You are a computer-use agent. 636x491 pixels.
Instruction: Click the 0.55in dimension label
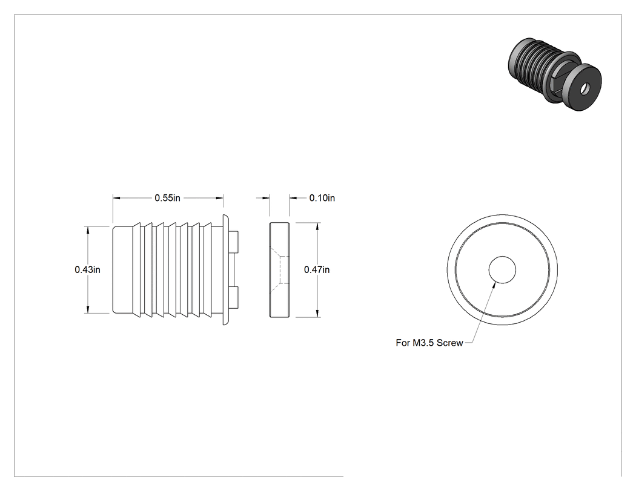pos(167,198)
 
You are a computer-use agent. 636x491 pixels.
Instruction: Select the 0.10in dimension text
pos(322,198)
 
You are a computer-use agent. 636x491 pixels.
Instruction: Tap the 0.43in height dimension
pos(87,269)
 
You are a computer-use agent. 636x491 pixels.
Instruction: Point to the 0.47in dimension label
pos(317,269)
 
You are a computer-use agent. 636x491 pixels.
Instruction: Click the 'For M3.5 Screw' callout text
pos(429,343)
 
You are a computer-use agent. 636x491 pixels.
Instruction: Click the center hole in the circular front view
pos(502,269)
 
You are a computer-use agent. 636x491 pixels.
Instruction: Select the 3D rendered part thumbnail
pos(554,74)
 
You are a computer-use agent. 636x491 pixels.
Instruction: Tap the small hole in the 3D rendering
pos(584,88)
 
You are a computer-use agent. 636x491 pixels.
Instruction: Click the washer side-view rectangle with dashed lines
pos(279,269)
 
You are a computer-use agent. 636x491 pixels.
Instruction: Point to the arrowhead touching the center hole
pos(493,286)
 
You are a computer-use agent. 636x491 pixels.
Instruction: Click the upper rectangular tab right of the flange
pos(234,242)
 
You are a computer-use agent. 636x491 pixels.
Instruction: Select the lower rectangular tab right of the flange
pos(234,297)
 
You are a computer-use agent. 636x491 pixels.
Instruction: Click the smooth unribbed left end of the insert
pos(122,269)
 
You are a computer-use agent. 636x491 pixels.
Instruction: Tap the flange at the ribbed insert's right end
pos(226,269)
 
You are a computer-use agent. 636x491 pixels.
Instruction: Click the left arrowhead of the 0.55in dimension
pos(117,198)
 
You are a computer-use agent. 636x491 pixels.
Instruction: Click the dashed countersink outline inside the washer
pos(279,269)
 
